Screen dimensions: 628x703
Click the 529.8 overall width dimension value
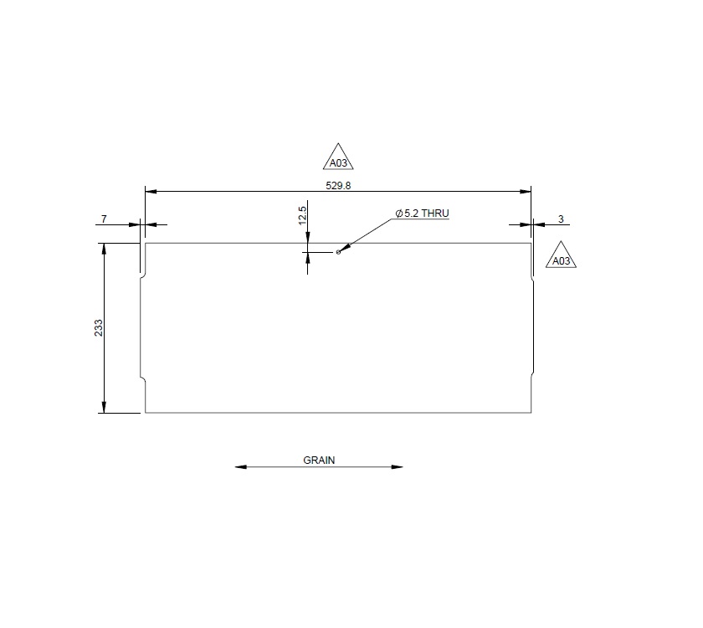(x=338, y=185)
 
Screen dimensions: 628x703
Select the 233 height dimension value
(x=99, y=327)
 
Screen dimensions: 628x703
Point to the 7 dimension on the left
(x=104, y=219)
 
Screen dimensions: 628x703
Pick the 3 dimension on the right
(x=561, y=219)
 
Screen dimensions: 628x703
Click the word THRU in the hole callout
(x=435, y=214)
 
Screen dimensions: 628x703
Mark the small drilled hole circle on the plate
(x=337, y=250)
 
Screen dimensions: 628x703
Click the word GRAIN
(x=319, y=460)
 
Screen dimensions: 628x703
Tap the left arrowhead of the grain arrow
(x=241, y=467)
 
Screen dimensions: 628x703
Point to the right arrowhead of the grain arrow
(x=398, y=467)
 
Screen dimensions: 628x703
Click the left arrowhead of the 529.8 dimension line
(x=151, y=192)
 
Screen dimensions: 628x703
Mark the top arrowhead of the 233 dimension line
(x=104, y=249)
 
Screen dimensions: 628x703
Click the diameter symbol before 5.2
(x=399, y=214)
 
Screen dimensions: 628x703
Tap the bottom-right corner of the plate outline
(x=531, y=413)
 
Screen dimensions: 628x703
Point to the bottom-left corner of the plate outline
(x=146, y=413)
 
